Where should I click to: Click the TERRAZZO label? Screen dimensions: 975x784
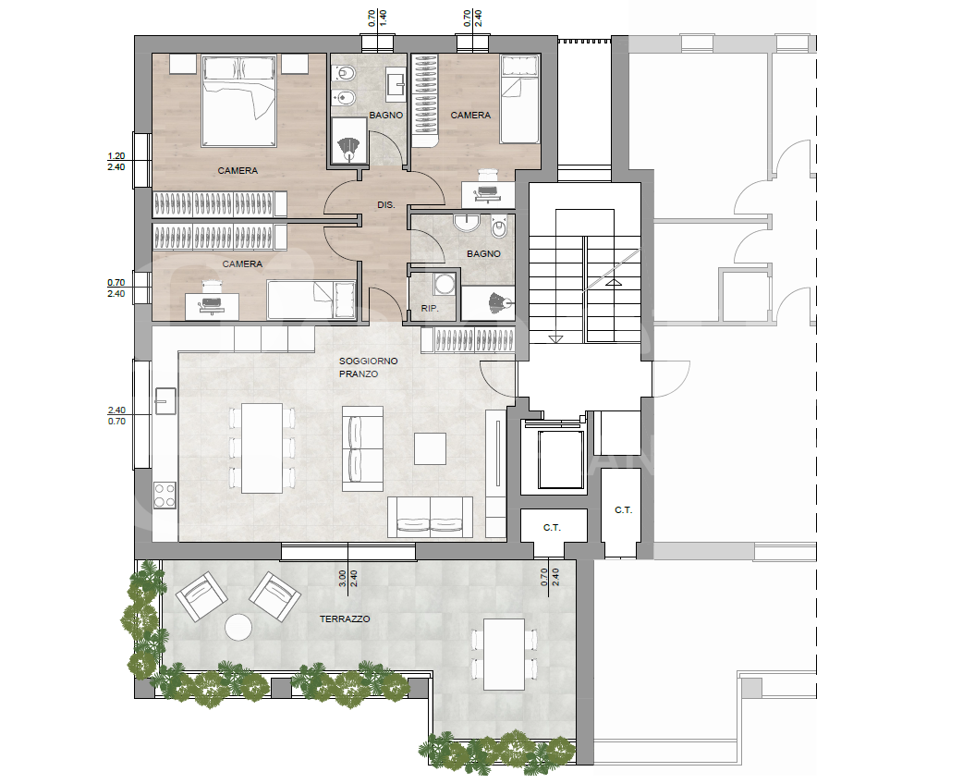(x=345, y=619)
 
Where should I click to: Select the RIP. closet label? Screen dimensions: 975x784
(x=430, y=308)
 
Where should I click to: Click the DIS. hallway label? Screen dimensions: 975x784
(x=386, y=204)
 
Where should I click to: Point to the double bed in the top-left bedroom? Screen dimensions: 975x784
(x=238, y=101)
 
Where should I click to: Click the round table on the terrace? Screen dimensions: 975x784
(x=238, y=627)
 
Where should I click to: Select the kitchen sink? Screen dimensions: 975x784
(x=165, y=400)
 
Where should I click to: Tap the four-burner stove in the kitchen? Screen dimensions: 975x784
(x=165, y=496)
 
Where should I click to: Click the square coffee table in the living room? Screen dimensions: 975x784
(x=431, y=448)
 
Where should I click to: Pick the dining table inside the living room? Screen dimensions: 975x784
(x=262, y=447)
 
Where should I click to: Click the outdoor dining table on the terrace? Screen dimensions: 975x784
(x=505, y=654)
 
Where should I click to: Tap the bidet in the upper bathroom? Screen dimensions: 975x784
(x=343, y=98)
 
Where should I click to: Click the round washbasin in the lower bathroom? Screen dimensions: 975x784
(x=465, y=222)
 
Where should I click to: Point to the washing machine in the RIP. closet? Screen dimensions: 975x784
(x=444, y=284)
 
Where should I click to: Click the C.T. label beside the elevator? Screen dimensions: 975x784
(x=552, y=528)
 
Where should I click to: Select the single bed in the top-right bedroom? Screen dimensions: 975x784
(x=519, y=100)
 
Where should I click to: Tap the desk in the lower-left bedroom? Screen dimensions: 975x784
(x=212, y=305)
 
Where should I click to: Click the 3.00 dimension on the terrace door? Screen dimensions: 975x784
(x=343, y=580)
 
